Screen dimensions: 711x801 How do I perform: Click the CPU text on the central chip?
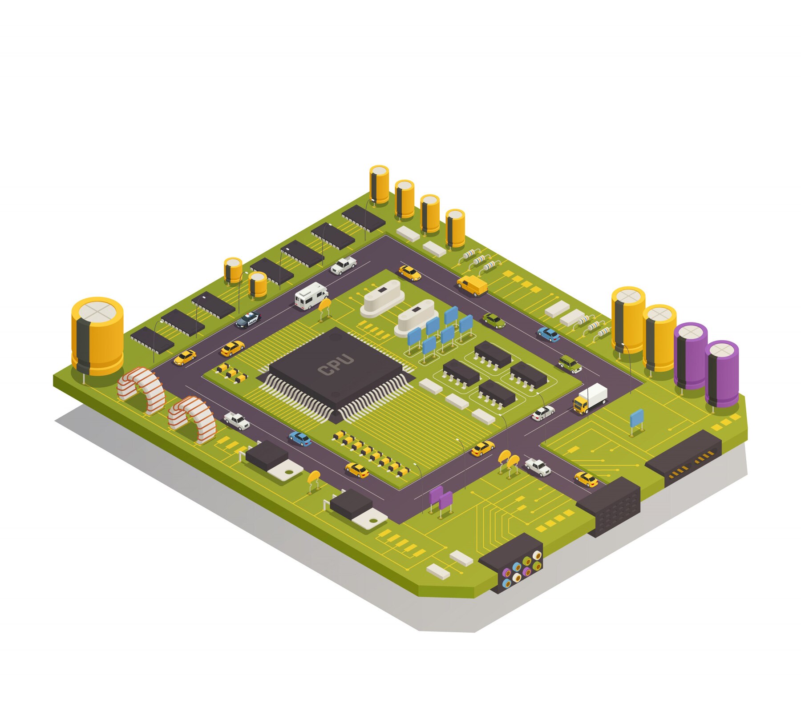tap(336, 365)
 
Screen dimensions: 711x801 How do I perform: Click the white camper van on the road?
tap(311, 295)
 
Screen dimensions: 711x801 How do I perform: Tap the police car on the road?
tap(247, 320)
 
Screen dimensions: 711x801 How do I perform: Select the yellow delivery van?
tap(472, 285)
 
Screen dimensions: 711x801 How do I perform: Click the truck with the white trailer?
tap(590, 398)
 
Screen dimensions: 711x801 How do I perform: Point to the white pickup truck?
tap(343, 265)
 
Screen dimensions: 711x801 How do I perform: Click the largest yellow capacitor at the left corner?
tap(97, 336)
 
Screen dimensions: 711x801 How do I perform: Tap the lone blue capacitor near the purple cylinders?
tap(636, 418)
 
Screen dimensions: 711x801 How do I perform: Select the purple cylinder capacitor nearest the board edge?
tap(721, 373)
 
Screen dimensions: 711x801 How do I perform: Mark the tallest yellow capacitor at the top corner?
tap(379, 184)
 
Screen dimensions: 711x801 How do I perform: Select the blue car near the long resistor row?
tap(300, 439)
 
